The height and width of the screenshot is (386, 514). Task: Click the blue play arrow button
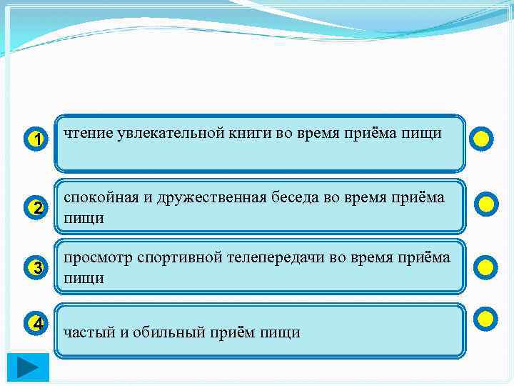pos(29,368)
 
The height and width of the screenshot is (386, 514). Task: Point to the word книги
pos(258,133)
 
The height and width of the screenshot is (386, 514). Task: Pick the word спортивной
pos(180,257)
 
